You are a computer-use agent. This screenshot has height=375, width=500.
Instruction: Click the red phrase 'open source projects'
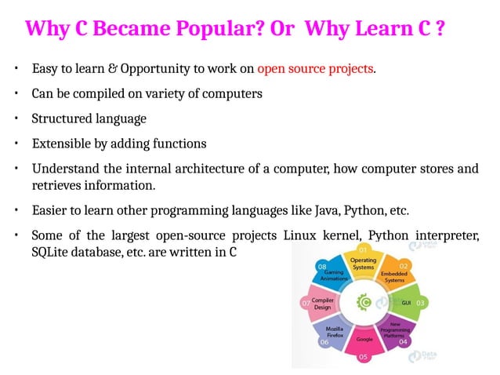point(316,68)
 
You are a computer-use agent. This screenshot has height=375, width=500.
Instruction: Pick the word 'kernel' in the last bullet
point(339,236)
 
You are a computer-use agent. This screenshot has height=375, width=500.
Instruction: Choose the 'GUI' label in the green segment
point(406,302)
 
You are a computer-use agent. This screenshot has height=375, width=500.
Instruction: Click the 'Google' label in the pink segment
point(364,339)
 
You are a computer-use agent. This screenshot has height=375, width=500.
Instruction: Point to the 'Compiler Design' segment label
point(323,303)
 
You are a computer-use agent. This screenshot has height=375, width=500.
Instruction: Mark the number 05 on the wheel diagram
point(363,357)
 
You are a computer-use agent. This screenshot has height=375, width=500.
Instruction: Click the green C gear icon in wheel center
point(364,300)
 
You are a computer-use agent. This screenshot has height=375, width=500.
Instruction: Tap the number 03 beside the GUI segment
point(420,302)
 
